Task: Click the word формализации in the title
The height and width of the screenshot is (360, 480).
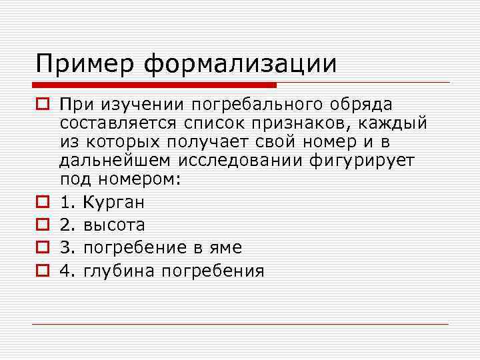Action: [241, 64]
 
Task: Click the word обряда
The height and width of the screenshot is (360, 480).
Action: [363, 105]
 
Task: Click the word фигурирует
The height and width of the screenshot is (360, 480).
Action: [363, 161]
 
